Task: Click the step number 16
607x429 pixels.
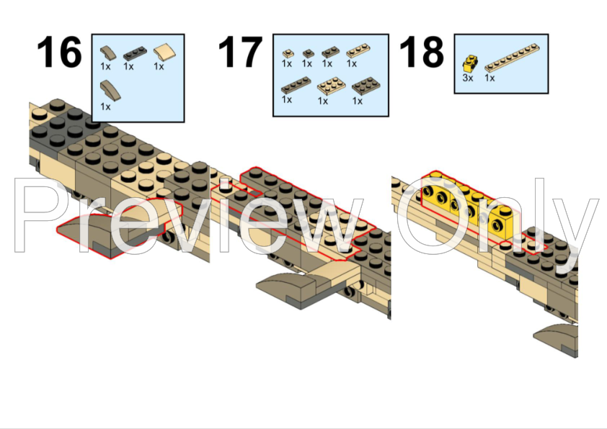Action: (59, 52)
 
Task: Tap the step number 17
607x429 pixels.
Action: (240, 52)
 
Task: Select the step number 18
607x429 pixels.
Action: (422, 52)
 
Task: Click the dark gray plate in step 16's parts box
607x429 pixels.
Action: (135, 53)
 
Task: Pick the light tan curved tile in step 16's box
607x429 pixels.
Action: (164, 52)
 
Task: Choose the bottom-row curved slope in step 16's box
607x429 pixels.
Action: (110, 91)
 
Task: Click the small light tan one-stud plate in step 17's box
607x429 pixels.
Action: (288, 54)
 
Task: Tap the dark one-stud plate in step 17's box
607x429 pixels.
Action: (308, 53)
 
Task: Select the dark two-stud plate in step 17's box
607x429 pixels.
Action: (330, 52)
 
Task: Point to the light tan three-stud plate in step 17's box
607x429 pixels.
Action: (358, 51)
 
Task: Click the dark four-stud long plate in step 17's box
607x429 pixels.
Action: (296, 85)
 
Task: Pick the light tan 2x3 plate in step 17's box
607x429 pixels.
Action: (332, 86)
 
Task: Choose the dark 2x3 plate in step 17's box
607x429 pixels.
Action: (365, 86)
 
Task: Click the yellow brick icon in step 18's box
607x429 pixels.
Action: (470, 64)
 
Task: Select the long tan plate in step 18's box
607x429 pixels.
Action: (512, 58)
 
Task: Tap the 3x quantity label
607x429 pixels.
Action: (468, 78)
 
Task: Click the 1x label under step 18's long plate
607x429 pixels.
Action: (489, 78)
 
